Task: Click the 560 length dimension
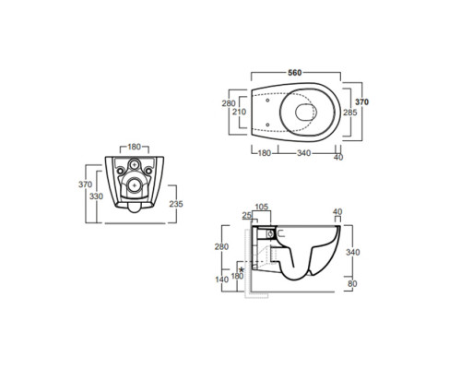pyautogui.click(x=295, y=73)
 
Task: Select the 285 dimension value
pyautogui.click(x=350, y=113)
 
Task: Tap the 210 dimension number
pyautogui.click(x=239, y=112)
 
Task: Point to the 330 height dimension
pyautogui.click(x=96, y=196)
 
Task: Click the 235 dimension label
pyautogui.click(x=176, y=204)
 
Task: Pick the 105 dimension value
pyautogui.click(x=262, y=207)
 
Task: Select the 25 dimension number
pyautogui.click(x=247, y=216)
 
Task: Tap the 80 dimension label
pyautogui.click(x=352, y=283)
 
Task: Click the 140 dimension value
pyautogui.click(x=222, y=280)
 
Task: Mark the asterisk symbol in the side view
pyautogui.click(x=242, y=269)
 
